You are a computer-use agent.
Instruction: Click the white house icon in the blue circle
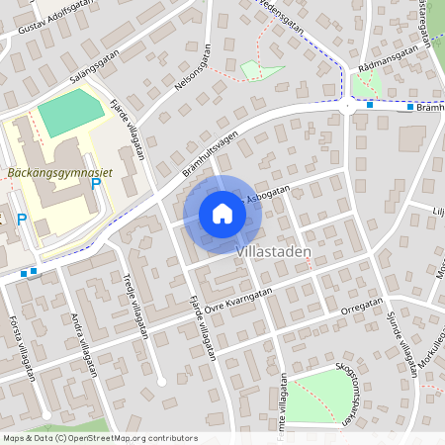[222, 214]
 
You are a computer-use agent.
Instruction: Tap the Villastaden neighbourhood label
[274, 252]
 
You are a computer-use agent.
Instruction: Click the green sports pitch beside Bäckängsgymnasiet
[70, 115]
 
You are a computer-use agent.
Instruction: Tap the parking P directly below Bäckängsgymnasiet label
[96, 184]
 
